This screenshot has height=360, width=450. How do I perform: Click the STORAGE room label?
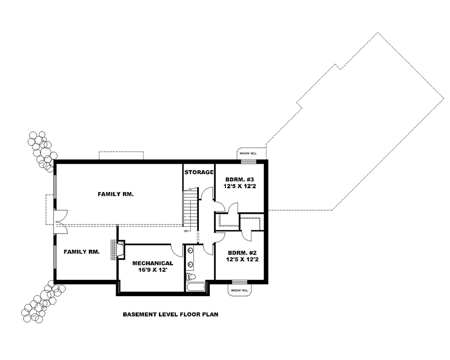(x=198, y=172)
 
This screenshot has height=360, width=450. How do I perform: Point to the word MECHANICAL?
(x=152, y=263)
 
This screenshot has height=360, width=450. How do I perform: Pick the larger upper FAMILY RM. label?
(x=116, y=194)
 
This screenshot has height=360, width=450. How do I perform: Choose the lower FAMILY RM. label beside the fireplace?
(x=81, y=252)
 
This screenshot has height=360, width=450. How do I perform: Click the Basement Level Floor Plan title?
(x=171, y=315)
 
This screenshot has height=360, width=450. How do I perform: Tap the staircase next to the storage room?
(x=190, y=209)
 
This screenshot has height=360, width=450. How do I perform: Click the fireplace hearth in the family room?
(x=114, y=250)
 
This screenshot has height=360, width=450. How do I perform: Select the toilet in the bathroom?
(x=191, y=276)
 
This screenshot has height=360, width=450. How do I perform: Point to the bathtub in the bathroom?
(x=195, y=287)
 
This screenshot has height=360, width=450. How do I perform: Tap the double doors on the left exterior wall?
(x=59, y=221)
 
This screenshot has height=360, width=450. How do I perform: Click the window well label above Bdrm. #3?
(x=247, y=153)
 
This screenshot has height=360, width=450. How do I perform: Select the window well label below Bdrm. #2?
(x=239, y=291)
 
